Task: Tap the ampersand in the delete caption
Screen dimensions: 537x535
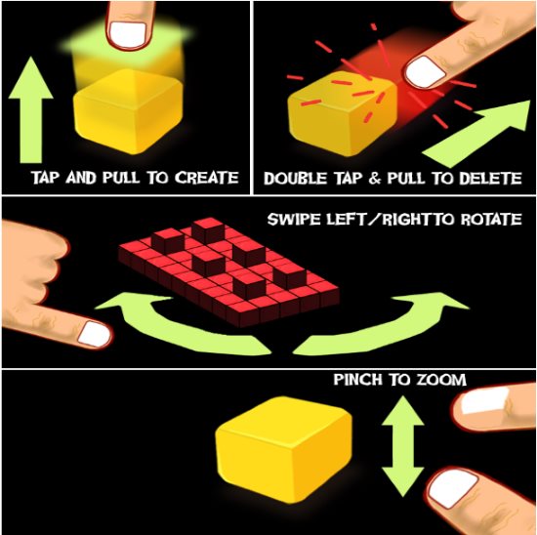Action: [375, 179]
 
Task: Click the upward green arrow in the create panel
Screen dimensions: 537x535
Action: [31, 109]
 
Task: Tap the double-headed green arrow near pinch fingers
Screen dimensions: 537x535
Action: [402, 446]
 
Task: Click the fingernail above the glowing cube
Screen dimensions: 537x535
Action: [128, 34]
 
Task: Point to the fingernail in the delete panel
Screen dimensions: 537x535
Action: [425, 72]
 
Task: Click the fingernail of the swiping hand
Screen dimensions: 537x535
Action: [94, 334]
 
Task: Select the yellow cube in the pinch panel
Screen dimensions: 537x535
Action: [283, 449]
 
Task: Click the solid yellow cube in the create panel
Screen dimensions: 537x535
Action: [128, 111]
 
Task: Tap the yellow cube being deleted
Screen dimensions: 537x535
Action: [343, 116]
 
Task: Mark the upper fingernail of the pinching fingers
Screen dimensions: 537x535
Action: [483, 400]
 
